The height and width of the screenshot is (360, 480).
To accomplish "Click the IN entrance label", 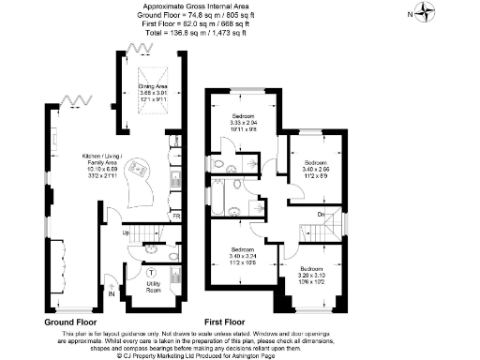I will tap(112, 293).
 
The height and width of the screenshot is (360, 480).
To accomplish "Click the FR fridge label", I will tap(176, 217).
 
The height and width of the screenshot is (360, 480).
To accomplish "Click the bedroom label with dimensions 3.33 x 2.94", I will tap(249, 123).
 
